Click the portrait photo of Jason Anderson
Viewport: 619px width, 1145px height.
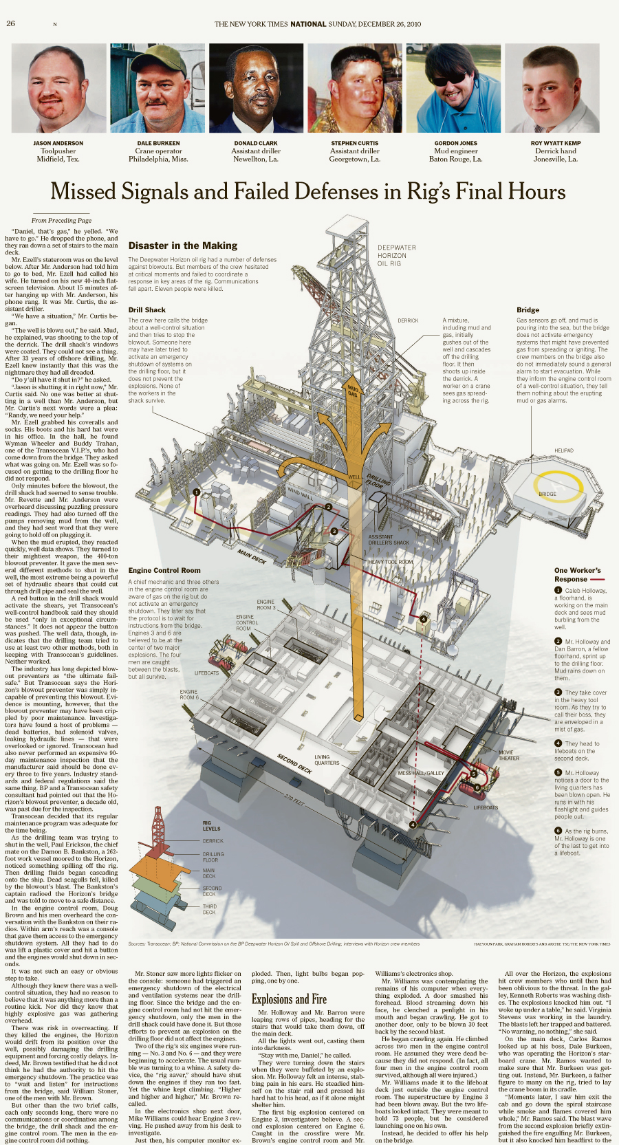coord(58,88)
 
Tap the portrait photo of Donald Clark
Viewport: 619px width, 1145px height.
coord(256,88)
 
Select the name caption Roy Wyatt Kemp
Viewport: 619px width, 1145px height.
coord(556,143)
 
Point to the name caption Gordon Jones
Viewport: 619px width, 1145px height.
coord(455,143)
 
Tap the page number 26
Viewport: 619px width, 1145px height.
coord(10,23)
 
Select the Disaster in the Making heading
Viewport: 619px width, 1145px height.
coord(183,246)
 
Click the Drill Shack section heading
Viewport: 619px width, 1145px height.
coord(146,310)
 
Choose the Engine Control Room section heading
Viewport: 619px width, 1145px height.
coord(164,570)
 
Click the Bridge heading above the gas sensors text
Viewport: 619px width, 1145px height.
coord(528,310)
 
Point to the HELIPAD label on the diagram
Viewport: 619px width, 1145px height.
coord(564,451)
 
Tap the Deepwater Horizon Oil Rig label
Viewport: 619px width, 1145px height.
coord(397,255)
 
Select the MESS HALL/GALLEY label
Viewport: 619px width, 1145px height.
coord(421,773)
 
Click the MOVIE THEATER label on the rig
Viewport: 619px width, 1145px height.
coord(509,755)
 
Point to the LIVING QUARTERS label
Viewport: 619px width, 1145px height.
coord(327,760)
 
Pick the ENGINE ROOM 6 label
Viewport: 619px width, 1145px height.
coord(189,695)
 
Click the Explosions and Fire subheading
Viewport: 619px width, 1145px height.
coord(289,999)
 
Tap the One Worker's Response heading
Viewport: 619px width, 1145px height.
coord(578,574)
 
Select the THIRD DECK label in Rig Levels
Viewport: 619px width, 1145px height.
coord(209,909)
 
